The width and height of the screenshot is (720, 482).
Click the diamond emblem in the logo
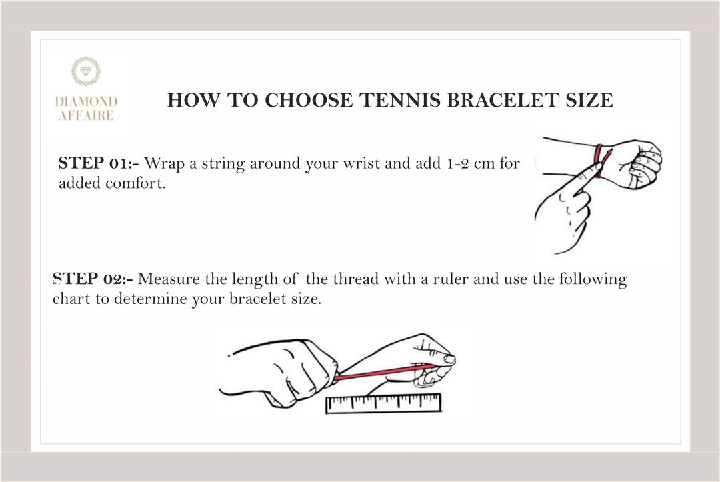[86, 71]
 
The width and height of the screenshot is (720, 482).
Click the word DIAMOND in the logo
[86, 101]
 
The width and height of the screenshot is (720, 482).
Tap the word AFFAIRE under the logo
[86, 115]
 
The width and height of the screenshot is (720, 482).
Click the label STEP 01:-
[99, 163]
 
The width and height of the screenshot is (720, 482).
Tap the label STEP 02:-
[93, 279]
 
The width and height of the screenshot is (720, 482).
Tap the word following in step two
[593, 279]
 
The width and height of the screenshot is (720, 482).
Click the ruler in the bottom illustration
[383, 403]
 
